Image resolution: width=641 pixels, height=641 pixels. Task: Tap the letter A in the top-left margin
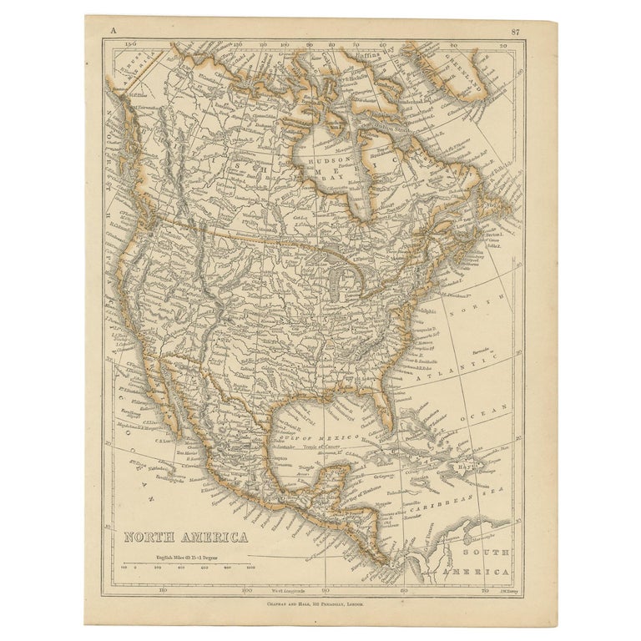(x=110, y=33)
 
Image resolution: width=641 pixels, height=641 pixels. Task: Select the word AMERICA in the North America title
(x=216, y=538)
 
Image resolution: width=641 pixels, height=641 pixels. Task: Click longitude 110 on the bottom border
(x=164, y=590)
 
